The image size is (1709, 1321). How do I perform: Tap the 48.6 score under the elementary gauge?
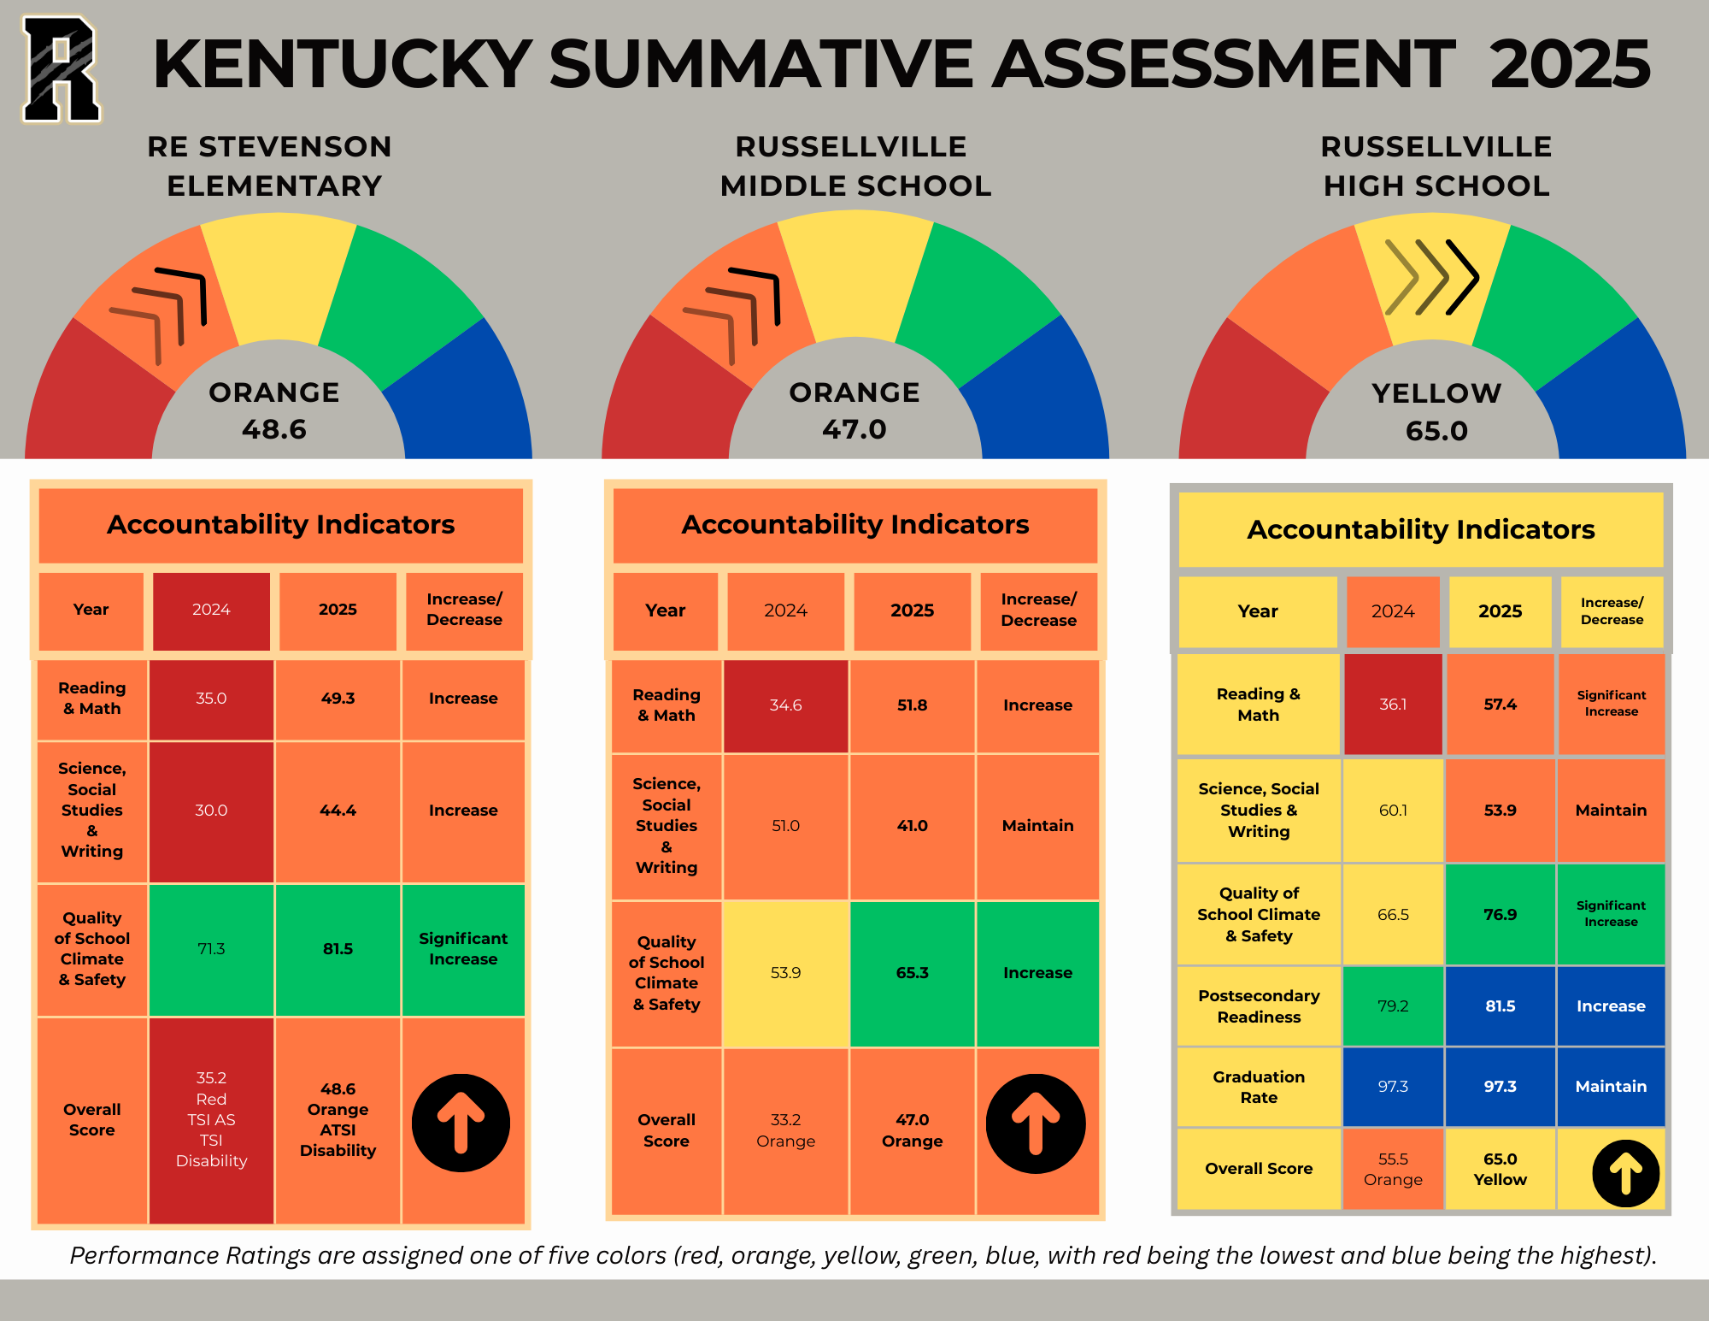click(x=274, y=428)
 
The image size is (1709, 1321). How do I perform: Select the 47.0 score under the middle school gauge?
click(x=854, y=428)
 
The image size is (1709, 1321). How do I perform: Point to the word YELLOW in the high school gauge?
click(x=1436, y=392)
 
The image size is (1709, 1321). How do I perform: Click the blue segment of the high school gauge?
click(x=1615, y=393)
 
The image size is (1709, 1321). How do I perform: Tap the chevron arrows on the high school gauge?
click(x=1431, y=277)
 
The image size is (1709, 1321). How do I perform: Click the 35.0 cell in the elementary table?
click(x=211, y=699)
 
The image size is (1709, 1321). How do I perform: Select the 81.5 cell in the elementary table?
click(x=338, y=949)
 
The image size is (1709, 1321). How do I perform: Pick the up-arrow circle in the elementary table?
click(x=461, y=1123)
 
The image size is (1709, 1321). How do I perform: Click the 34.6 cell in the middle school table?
click(x=785, y=705)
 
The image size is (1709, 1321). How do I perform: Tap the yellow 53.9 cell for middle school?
click(x=785, y=973)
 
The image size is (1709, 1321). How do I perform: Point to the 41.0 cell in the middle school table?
click(x=912, y=826)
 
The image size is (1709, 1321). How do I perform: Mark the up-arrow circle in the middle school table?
click(x=1036, y=1123)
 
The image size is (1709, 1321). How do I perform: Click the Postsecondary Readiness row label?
click(x=1259, y=1006)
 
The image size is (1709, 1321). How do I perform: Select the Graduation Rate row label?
click(x=1259, y=1087)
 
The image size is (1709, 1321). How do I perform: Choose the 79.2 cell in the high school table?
click(x=1393, y=1006)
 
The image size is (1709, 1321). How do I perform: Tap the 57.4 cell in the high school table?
click(x=1500, y=705)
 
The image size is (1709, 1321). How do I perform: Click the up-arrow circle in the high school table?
click(x=1626, y=1173)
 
